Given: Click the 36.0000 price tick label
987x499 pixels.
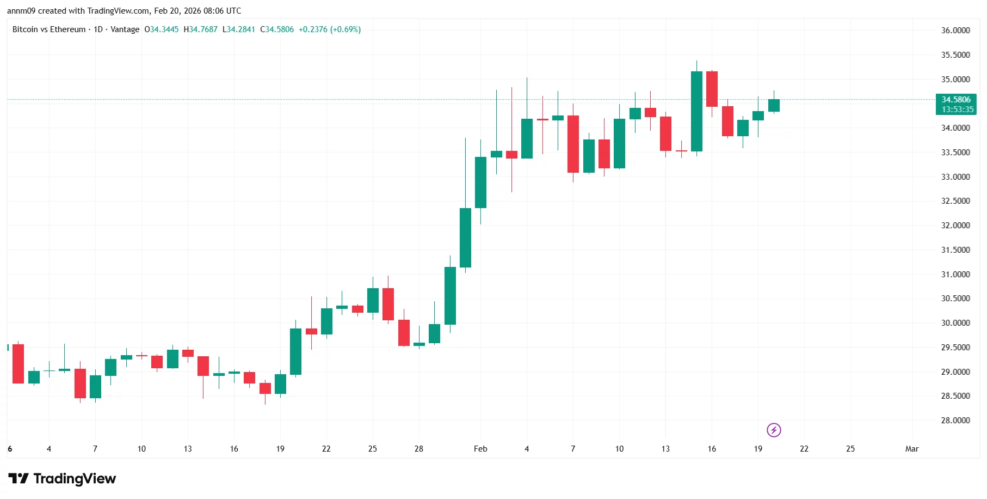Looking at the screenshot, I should click(955, 31).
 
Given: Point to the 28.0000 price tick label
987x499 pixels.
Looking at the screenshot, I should click(955, 421).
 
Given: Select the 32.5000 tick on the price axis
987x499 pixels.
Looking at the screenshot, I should click(955, 201).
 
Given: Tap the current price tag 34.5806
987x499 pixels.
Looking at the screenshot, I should click(955, 100).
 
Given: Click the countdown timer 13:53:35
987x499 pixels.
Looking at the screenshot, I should click(957, 109).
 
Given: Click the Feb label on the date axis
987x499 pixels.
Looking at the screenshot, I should click(480, 449).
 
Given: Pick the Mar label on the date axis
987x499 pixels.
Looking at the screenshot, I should click(911, 449).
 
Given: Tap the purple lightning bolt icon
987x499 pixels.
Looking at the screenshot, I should click(774, 430).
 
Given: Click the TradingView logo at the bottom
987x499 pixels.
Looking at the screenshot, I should click(62, 479).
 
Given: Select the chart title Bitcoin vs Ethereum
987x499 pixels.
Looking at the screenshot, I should click(49, 29).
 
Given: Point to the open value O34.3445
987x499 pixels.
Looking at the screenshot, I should click(161, 29).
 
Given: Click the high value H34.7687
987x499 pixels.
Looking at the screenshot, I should click(200, 29).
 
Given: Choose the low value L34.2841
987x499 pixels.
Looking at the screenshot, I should click(239, 29).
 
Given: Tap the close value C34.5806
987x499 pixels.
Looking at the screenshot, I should click(277, 29).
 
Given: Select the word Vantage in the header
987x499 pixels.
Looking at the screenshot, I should click(125, 29).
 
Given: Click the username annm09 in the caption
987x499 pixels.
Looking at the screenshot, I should click(21, 11).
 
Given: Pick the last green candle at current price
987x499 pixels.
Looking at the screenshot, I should click(774, 106).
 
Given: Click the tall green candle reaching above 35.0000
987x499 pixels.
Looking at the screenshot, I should click(696, 111).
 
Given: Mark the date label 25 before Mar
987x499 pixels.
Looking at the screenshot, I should click(850, 449).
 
